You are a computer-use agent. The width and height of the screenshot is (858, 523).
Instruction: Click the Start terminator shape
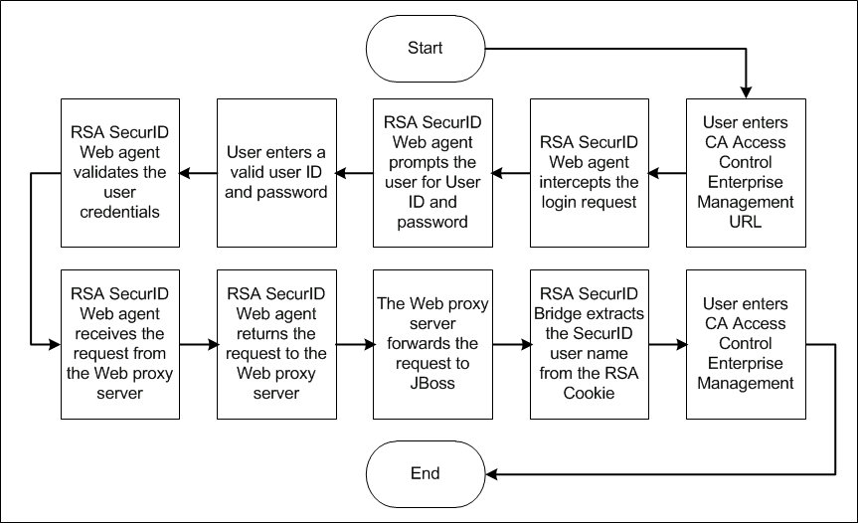point(426,48)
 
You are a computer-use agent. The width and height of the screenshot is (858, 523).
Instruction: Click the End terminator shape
point(426,473)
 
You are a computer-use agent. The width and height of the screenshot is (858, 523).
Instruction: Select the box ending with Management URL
point(746,172)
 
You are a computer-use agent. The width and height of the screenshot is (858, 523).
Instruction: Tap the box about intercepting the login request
point(589,172)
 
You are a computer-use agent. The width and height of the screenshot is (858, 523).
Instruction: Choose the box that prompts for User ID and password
point(432,172)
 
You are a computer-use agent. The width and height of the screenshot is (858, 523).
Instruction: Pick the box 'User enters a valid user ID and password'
point(275,172)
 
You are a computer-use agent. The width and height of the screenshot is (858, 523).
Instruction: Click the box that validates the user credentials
point(119,172)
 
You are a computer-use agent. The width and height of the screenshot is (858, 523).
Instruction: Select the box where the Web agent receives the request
point(119,344)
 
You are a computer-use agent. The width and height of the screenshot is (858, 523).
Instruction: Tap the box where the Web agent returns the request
point(275,344)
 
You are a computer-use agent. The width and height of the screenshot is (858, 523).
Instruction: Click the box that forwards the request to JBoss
point(432,344)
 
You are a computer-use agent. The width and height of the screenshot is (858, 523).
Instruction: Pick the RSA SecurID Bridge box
point(589,344)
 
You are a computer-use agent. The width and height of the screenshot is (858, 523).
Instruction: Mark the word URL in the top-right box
point(746,222)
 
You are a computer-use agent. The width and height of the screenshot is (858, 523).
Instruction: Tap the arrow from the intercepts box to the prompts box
point(510,173)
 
